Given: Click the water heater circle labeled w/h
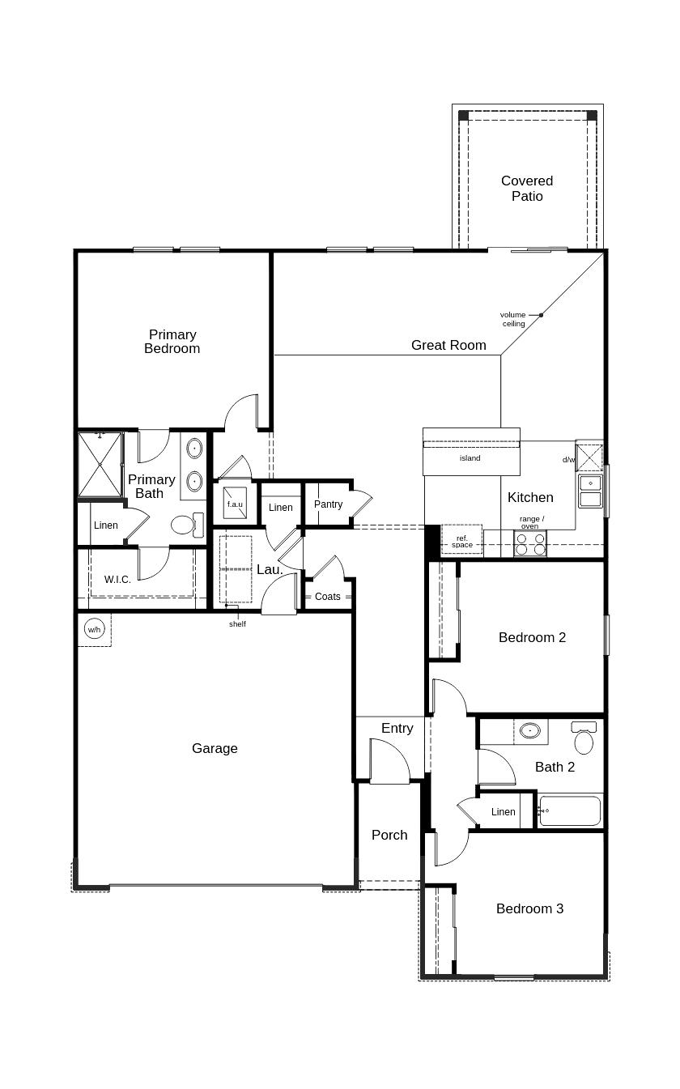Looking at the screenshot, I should [x=95, y=629].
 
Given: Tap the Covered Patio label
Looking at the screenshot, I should [x=527, y=189].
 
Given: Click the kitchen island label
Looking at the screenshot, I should [x=470, y=458].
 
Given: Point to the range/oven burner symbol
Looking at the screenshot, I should [x=530, y=544].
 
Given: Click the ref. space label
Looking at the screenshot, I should [x=462, y=542].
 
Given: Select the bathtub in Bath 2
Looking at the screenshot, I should [x=570, y=810].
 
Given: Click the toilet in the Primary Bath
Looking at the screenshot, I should [x=185, y=525].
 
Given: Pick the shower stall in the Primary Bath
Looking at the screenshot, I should [x=100, y=465].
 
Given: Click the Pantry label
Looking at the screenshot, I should [x=328, y=504].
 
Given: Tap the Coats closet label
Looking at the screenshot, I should [x=328, y=597].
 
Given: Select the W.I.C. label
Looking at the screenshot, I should [x=117, y=580].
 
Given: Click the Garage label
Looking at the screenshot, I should [x=215, y=749].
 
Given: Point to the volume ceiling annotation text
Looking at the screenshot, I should [x=513, y=319].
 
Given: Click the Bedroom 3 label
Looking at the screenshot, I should [x=529, y=909].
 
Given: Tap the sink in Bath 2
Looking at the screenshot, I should [x=530, y=730].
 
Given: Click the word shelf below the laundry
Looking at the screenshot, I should [x=237, y=624].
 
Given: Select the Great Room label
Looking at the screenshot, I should [x=448, y=346].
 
